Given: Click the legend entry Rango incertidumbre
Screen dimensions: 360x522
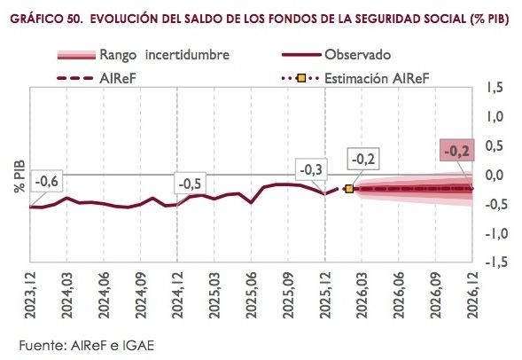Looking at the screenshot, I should point(164,55).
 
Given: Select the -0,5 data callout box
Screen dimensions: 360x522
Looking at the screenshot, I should point(191,184).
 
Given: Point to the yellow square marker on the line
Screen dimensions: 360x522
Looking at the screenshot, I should point(348,189).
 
